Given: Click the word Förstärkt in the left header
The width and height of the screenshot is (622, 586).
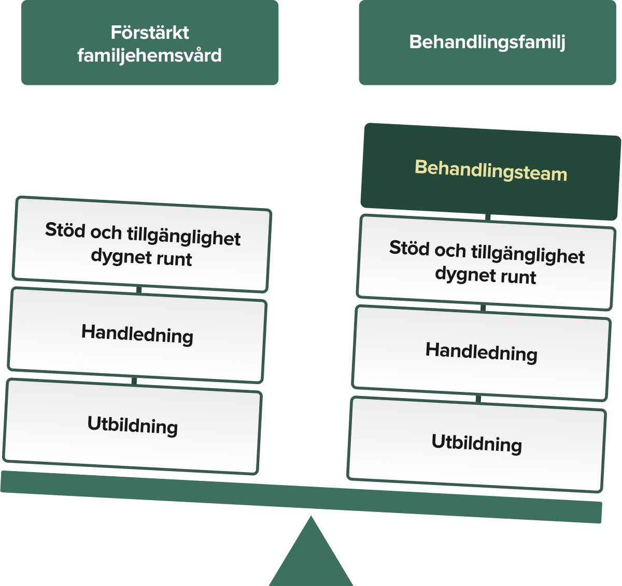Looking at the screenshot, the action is (150, 33).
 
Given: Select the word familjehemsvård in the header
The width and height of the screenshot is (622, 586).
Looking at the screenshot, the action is (150, 55).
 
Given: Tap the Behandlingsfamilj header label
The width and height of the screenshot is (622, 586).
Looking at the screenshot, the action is (487, 42).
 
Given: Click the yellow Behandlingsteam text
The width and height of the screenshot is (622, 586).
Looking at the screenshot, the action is (491, 170).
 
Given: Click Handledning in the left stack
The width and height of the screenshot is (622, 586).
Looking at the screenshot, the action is (137, 334).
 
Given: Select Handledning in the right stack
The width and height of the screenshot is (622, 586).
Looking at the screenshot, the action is (482, 352).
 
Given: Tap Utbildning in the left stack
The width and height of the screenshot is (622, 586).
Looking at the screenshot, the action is (133, 425).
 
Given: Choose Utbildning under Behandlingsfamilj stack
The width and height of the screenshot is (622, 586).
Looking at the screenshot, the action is (477, 443).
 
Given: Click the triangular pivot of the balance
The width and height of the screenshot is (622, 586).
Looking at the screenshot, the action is (311, 554).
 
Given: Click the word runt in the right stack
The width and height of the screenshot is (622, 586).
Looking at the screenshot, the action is (520, 277).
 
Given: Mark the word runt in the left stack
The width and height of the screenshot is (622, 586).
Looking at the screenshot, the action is (176, 258).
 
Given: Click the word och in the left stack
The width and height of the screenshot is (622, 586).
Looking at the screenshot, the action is (106, 232).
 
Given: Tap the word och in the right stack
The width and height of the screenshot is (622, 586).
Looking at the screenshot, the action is (450, 251).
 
